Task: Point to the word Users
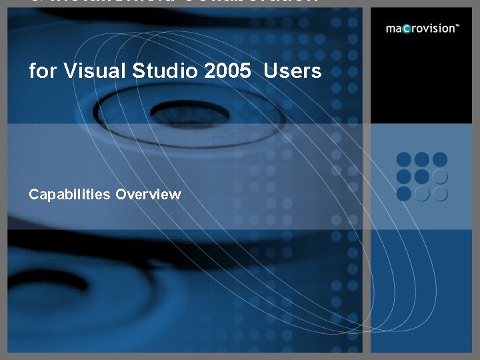pos(293,71)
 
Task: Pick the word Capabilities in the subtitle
pos(70,195)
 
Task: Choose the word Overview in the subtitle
pos(148,195)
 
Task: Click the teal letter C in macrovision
pos(406,29)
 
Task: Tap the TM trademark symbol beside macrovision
pos(457,26)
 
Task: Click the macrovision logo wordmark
pos(422,29)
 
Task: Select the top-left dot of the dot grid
pos(404,160)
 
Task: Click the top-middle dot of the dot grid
pos(421,160)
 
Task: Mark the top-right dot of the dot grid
pos(439,160)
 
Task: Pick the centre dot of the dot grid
pos(421,177)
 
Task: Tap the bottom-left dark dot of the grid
pos(404,193)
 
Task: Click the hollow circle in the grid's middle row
pos(439,177)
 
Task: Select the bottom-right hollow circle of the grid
pos(439,193)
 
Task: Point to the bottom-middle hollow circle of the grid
pos(421,193)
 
